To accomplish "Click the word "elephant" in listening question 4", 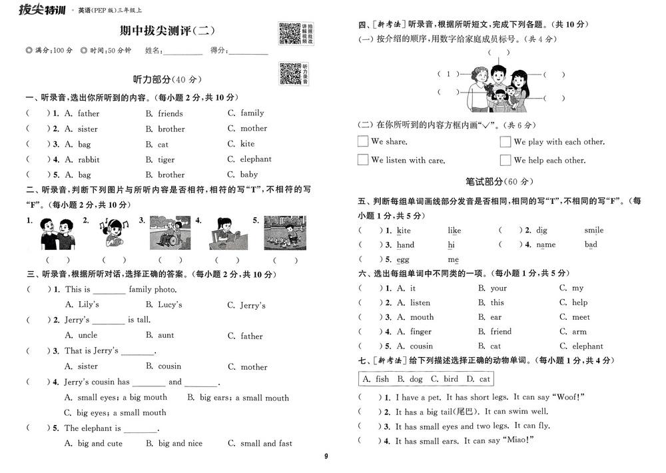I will pyautogui.click(x=256, y=159).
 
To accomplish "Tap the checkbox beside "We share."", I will pyautogui.click(x=363, y=141).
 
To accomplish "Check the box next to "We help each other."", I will pyautogui.click(x=505, y=160).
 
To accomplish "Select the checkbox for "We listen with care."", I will pyautogui.click(x=363, y=160).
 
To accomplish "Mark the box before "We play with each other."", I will pyautogui.click(x=505, y=141).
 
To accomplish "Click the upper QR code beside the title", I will pyautogui.click(x=289, y=33).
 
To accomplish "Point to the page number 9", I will pyautogui.click(x=326, y=456).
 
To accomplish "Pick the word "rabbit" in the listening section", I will pyautogui.click(x=89, y=160).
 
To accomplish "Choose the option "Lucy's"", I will pyautogui.click(x=170, y=304).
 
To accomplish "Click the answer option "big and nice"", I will pyautogui.click(x=180, y=443).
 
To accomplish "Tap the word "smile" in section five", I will pyautogui.click(x=594, y=231).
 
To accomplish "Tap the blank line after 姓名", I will pyautogui.click(x=183, y=52).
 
